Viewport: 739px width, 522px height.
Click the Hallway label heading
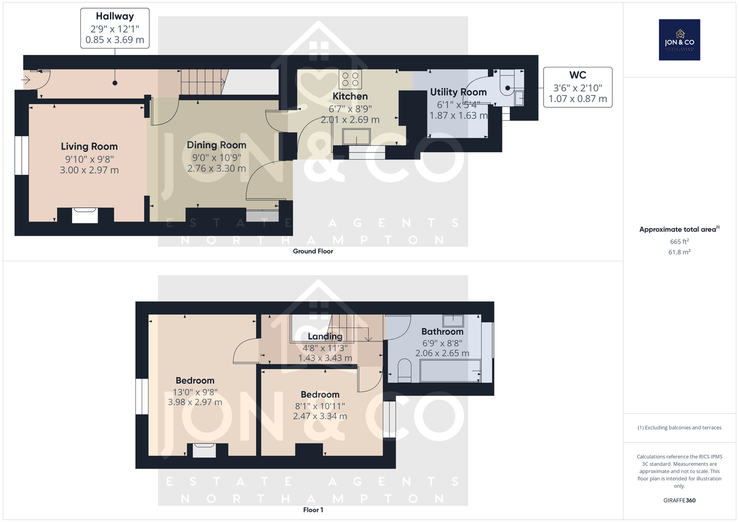(115, 16)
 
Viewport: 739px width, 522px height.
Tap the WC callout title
(578, 75)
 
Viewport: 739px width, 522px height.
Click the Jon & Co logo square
(679, 40)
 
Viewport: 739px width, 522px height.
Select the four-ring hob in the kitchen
(350, 79)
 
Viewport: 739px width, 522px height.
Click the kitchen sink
(356, 137)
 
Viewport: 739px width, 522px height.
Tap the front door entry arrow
(26, 80)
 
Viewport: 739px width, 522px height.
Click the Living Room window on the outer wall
(22, 155)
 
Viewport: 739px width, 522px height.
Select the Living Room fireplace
(85, 216)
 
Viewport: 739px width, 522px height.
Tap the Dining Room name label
(217, 145)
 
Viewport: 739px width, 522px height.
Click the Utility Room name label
(458, 92)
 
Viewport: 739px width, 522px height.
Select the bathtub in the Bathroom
(450, 371)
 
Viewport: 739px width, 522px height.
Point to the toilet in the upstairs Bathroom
(405, 371)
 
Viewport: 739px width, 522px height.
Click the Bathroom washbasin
(453, 320)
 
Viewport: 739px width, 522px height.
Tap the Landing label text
(325, 336)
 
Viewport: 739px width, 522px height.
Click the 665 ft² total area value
(679, 241)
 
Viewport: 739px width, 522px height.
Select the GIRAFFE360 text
(679, 500)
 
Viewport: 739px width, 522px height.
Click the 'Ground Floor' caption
(313, 251)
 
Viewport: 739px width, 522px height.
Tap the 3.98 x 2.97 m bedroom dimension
(195, 402)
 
